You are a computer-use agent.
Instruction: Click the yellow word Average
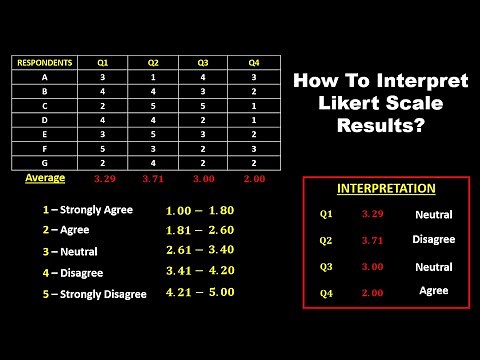tap(44, 178)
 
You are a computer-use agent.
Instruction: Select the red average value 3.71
tap(153, 179)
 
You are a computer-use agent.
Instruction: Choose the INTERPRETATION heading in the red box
tap(385, 188)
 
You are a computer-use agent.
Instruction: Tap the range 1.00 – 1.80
tap(201, 211)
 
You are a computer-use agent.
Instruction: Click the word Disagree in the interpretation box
tap(433, 240)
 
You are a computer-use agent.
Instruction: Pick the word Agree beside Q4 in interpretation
tap(433, 290)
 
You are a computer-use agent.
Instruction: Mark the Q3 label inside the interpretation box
tap(326, 267)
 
